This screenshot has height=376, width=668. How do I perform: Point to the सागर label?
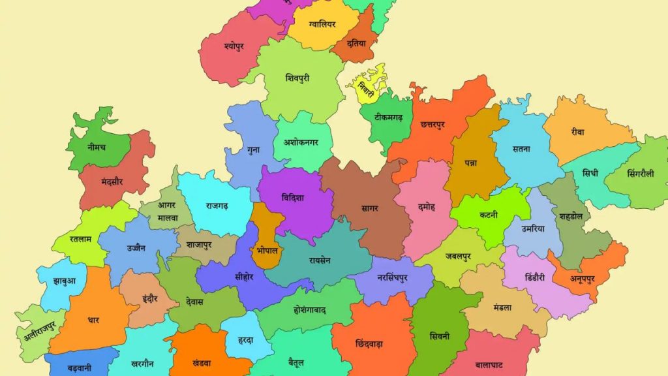tap(369, 208)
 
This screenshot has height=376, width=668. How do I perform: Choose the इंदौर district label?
tap(149, 300)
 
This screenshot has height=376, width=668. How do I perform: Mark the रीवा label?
tap(577, 132)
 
